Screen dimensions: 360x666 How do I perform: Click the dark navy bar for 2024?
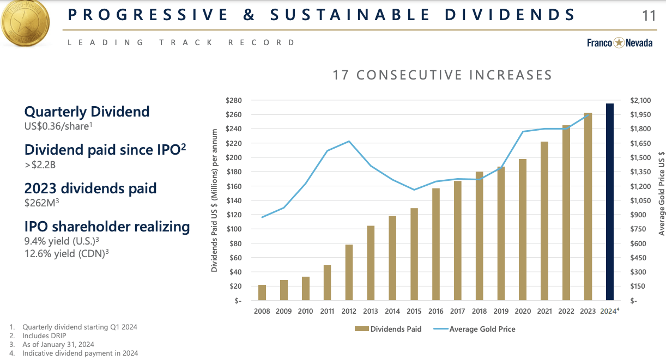pyautogui.click(x=610, y=202)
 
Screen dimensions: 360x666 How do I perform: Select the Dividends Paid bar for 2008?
pyautogui.click(x=262, y=292)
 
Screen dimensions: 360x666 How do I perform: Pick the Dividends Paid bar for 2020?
pyautogui.click(x=523, y=229)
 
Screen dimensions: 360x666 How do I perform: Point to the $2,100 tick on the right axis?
pyautogui.click(x=641, y=101)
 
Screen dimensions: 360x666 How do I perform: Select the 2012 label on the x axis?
pyautogui.click(x=349, y=312)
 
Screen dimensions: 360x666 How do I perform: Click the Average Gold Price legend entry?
pyautogui.click(x=475, y=329)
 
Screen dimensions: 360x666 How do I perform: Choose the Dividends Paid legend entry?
pyautogui.click(x=388, y=329)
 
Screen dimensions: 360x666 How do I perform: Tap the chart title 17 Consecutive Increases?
pyautogui.click(x=442, y=75)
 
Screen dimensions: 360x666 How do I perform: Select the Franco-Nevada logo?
pyautogui.click(x=619, y=43)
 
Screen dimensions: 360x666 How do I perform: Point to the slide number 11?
pyautogui.click(x=649, y=15)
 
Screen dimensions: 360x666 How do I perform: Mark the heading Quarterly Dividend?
pyautogui.click(x=87, y=112)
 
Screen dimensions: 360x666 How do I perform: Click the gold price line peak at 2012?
pyautogui.click(x=349, y=142)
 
